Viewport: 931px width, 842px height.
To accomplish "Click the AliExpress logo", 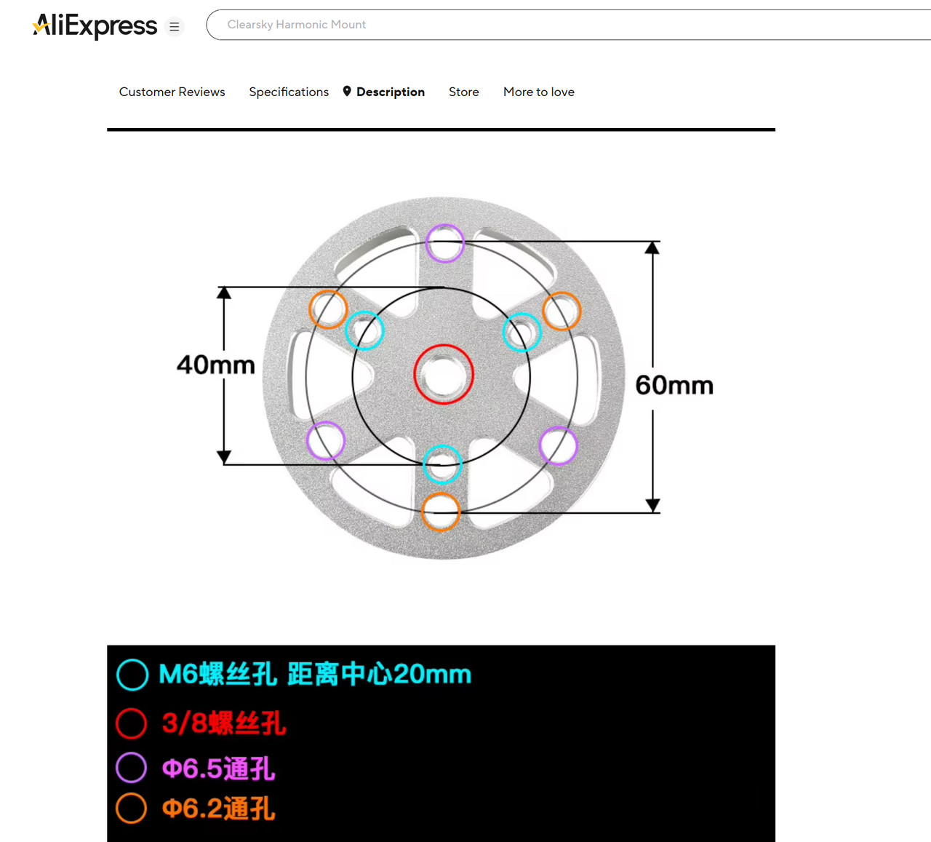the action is click(x=95, y=26).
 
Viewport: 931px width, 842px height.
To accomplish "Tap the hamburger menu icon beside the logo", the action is click(x=174, y=26).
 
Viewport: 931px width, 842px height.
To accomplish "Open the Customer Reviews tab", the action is click(x=172, y=92).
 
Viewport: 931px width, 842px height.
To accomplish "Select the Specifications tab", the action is click(x=289, y=92).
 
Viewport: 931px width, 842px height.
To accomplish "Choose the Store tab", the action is click(x=463, y=92).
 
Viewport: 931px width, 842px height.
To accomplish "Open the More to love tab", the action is click(x=539, y=92).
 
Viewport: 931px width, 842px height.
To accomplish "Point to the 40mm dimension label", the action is click(x=216, y=365).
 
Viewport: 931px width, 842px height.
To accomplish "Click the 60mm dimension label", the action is click(x=674, y=385).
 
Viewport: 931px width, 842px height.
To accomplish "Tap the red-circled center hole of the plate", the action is click(x=444, y=374).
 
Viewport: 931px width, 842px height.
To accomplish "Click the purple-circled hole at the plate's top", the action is click(x=444, y=243).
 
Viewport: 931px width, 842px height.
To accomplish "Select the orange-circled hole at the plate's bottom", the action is click(x=441, y=512).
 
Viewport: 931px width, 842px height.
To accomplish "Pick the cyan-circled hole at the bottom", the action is click(x=441, y=464).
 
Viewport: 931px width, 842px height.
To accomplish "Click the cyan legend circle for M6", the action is click(x=132, y=675).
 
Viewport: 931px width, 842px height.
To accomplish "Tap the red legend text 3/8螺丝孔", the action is click(x=224, y=723).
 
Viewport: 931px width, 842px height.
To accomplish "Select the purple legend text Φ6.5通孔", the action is click(x=219, y=768).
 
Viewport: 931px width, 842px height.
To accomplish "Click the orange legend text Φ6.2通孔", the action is click(x=219, y=808).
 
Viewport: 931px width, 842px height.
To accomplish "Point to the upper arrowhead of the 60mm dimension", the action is click(x=652, y=247).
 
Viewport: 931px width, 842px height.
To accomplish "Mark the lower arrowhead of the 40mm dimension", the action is click(x=224, y=457).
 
